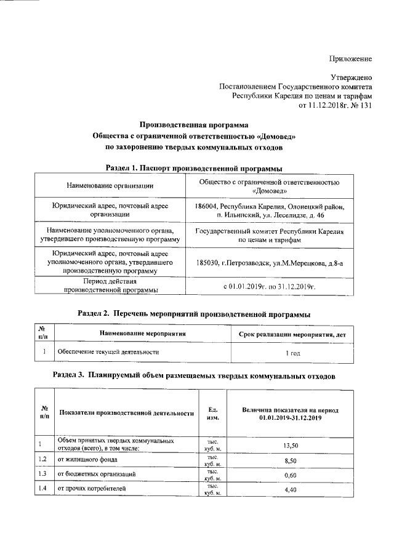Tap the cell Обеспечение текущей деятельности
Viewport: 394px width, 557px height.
tap(108, 352)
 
